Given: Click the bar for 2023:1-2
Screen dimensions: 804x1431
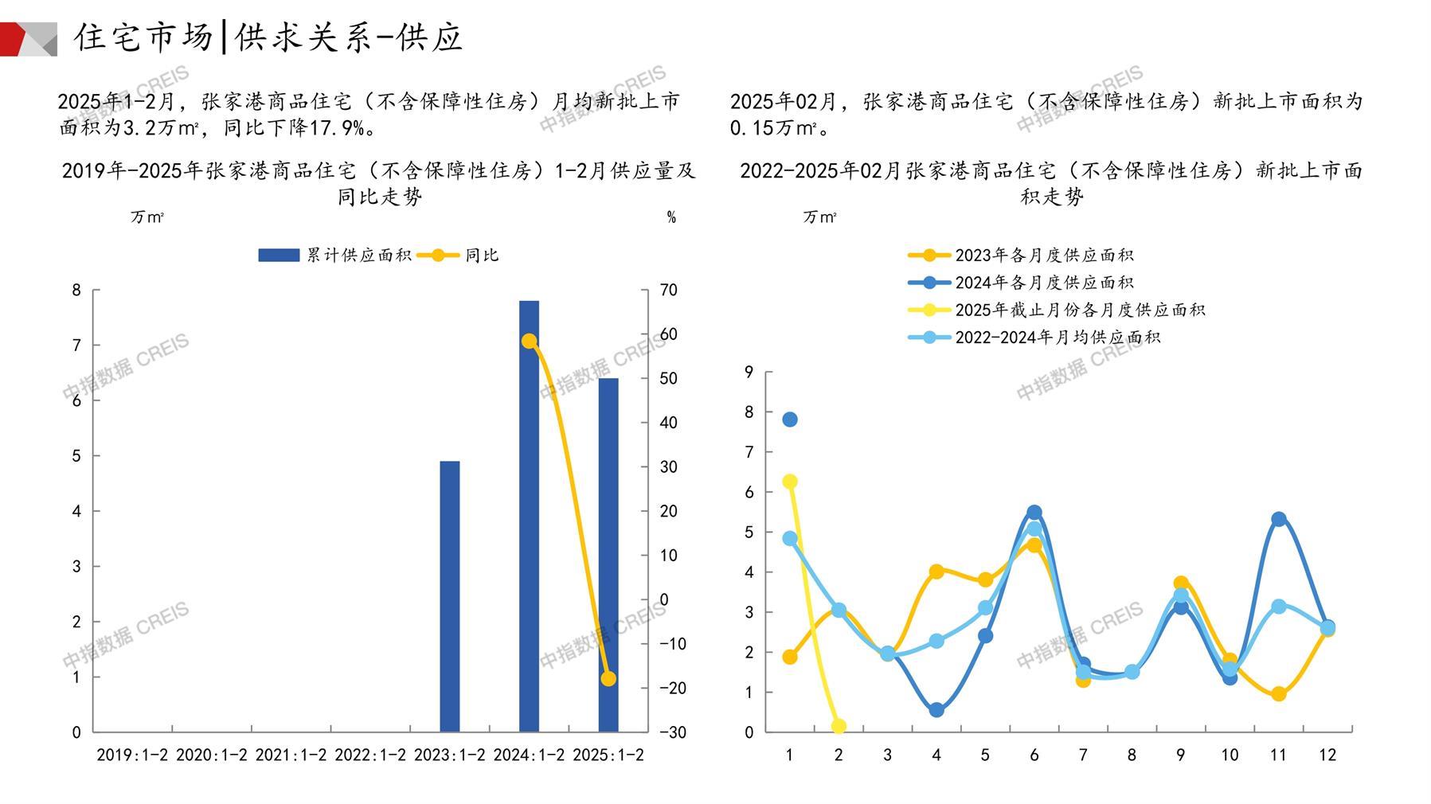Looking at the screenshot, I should [x=450, y=596].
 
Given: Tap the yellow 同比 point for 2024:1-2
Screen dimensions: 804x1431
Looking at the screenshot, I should [x=529, y=341].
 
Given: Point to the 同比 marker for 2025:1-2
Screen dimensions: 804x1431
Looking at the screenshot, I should [x=608, y=679].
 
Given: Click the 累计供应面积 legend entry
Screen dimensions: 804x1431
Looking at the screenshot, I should [x=334, y=256].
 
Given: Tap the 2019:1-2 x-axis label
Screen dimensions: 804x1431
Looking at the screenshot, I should [x=132, y=755].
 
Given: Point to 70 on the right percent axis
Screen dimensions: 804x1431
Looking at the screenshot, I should [x=669, y=291].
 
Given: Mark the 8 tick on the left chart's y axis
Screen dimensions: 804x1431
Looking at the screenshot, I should [x=76, y=291].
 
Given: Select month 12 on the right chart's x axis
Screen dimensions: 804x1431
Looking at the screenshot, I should [x=1327, y=755].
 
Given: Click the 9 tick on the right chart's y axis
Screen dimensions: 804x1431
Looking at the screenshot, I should [x=749, y=372].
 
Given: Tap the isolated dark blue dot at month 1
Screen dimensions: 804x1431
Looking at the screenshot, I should [x=790, y=420].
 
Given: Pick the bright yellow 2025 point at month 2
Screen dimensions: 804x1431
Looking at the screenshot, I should [x=839, y=726].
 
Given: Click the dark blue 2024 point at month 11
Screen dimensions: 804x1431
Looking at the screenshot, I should [x=1279, y=519].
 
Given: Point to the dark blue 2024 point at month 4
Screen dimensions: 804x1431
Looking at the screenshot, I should [x=936, y=710].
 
